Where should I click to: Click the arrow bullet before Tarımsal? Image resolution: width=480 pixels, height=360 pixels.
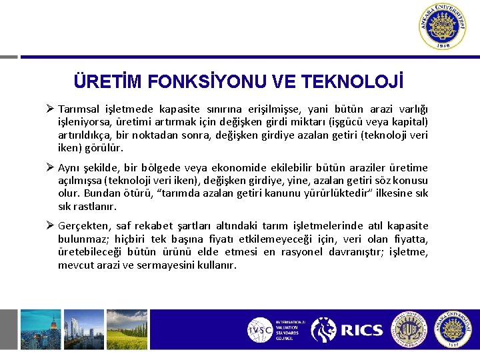51,109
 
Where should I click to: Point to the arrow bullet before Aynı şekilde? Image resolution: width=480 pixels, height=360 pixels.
51,168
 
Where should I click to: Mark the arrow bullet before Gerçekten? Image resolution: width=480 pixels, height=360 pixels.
51,226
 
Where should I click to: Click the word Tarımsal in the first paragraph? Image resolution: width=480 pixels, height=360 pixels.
78,109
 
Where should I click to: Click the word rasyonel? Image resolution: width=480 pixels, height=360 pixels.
299,252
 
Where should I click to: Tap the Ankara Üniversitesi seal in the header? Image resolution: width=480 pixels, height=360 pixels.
443,26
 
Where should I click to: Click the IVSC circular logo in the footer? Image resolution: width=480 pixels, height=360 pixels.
259,330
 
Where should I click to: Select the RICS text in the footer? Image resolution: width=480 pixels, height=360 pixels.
361,330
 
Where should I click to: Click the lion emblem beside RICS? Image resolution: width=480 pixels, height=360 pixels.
324,330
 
